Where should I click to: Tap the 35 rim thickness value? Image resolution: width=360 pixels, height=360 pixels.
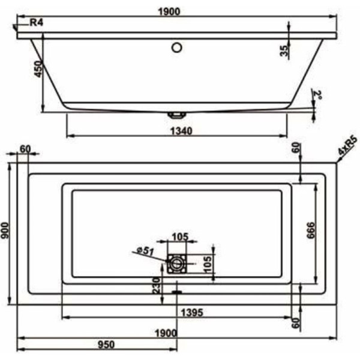[x=284, y=50]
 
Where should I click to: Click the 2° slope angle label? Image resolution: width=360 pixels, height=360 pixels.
[x=319, y=95]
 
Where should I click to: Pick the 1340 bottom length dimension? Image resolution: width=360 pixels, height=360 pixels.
[x=177, y=131]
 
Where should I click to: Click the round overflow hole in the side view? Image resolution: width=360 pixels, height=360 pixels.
[x=177, y=47]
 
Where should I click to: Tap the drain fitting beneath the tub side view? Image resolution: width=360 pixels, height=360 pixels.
[x=176, y=113]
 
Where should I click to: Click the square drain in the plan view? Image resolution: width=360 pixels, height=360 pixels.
[x=176, y=263]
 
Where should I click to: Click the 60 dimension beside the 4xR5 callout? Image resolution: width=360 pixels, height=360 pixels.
[x=295, y=147]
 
